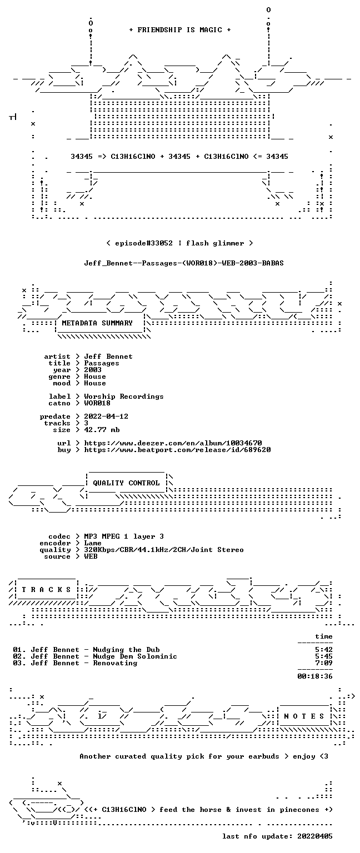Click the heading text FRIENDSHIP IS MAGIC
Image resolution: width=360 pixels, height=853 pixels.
(180, 29)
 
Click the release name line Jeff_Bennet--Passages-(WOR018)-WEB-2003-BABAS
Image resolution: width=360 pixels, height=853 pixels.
(184, 263)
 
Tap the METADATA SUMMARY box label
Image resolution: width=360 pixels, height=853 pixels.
(97, 323)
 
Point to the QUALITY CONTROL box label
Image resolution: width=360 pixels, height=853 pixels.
(126, 483)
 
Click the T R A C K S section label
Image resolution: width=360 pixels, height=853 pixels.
(47, 589)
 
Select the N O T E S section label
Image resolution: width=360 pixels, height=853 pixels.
(304, 716)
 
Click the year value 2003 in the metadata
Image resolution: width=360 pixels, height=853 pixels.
(93, 370)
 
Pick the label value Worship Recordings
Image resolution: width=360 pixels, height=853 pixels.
(124, 397)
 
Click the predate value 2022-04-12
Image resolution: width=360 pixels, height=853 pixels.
(106, 416)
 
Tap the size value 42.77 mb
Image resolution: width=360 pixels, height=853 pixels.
(102, 429)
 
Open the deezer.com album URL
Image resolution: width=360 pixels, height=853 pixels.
(173, 443)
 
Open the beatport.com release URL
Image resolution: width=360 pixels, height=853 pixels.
(178, 450)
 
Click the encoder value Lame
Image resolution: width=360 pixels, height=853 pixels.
(93, 543)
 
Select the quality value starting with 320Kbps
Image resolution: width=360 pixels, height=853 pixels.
(164, 549)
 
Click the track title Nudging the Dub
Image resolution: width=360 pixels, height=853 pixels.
(127, 650)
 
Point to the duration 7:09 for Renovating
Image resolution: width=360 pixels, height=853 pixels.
(324, 663)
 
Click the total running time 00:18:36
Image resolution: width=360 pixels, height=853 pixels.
(314, 676)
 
